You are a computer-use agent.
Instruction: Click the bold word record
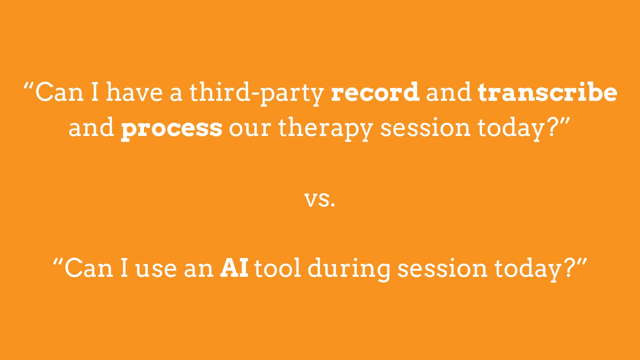click(375, 92)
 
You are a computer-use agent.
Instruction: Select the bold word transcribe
click(548, 92)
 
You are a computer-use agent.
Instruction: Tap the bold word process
click(172, 128)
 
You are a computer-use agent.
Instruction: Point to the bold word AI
click(234, 268)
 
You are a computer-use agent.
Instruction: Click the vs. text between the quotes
click(320, 199)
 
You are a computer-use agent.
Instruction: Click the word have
click(134, 92)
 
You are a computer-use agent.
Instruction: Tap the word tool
click(278, 268)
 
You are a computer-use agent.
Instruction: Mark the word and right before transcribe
click(448, 92)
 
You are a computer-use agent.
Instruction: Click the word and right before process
click(92, 128)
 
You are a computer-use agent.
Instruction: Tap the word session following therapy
click(425, 128)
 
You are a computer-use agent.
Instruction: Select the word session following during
click(442, 268)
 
